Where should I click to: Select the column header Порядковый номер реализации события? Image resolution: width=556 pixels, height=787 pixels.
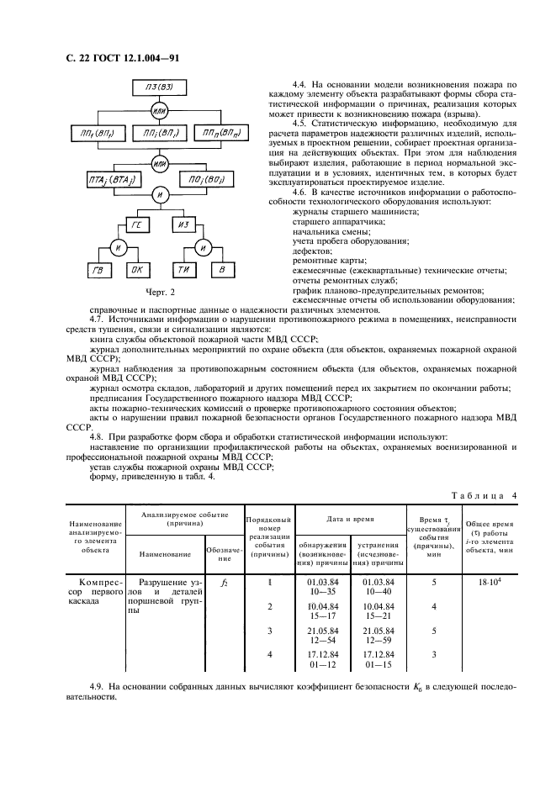268,538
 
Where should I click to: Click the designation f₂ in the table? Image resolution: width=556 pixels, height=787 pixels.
223,582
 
